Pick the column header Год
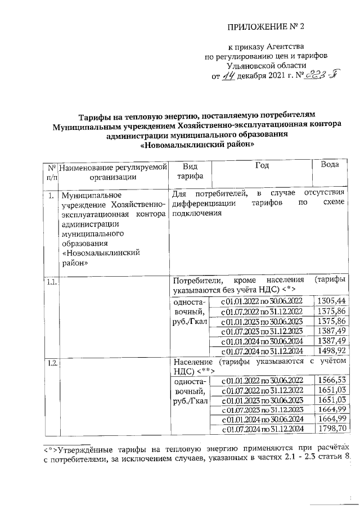pyautogui.click(x=262, y=165)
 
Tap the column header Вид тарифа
pyautogui.click(x=183, y=171)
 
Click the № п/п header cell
pyautogui.click(x=51, y=171)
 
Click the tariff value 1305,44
pyautogui.click(x=331, y=301)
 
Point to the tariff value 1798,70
pyautogui.click(x=331, y=430)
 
